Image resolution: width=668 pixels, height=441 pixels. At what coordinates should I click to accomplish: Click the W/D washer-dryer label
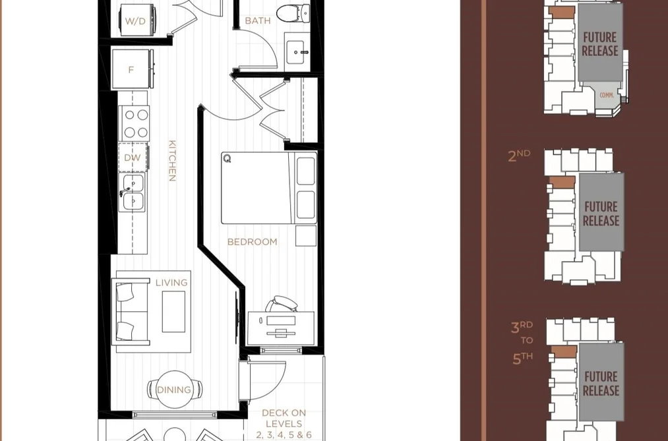[135, 21]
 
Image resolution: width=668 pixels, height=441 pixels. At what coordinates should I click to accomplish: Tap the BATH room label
[258, 20]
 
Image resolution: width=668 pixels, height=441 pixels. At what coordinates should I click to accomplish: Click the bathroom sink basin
[295, 52]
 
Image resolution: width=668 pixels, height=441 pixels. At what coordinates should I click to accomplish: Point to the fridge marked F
[132, 69]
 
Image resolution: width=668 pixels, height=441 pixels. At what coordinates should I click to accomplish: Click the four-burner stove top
[134, 123]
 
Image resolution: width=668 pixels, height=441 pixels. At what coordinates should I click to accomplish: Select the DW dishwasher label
[133, 158]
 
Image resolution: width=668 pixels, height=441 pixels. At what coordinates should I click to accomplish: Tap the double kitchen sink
[132, 192]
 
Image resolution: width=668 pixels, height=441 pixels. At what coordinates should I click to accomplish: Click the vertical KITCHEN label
[172, 161]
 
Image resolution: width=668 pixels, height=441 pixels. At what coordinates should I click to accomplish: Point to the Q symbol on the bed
[227, 158]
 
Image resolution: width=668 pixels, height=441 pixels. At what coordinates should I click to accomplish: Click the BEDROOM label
[252, 242]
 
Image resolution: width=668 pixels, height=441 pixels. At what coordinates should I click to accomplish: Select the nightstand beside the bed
[306, 236]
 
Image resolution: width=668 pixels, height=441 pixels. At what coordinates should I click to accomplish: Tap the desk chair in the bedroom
[282, 303]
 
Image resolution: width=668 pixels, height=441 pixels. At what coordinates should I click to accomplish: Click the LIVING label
[171, 283]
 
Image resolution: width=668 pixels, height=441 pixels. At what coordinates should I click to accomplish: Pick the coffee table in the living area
[174, 312]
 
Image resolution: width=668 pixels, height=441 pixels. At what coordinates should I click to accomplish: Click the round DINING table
[174, 390]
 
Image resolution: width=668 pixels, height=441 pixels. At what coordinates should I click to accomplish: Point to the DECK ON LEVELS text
[284, 424]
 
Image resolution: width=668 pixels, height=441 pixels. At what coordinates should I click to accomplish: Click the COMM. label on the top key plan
[607, 96]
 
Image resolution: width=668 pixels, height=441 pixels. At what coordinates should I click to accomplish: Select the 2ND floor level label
[519, 156]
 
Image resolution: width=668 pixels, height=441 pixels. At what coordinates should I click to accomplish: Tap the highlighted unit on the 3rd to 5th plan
[564, 351]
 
